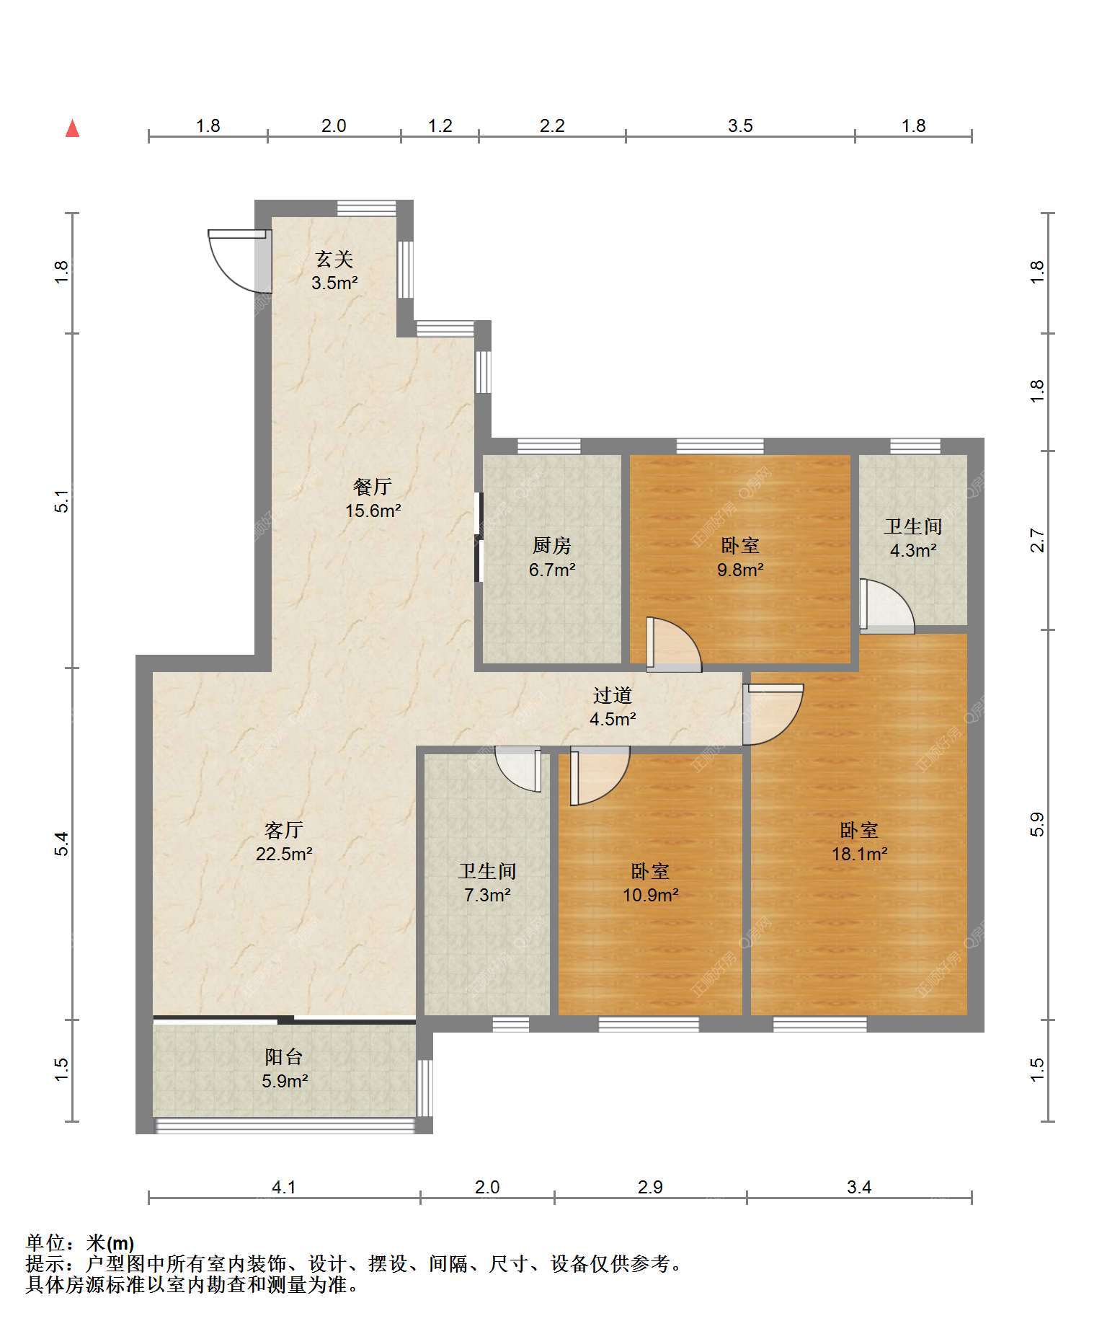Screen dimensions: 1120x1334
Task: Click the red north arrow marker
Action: [72, 128]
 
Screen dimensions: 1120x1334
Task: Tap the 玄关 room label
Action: [334, 259]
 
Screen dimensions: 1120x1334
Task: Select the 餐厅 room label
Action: [373, 487]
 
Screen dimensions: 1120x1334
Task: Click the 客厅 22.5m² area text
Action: [284, 854]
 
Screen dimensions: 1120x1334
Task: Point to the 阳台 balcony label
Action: [284, 1057]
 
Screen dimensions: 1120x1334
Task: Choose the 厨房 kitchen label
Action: [552, 546]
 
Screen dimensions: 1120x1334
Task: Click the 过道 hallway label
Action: [613, 695]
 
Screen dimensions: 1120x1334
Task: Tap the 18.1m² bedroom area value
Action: [859, 854]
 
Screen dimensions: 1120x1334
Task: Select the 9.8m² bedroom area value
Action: [740, 570]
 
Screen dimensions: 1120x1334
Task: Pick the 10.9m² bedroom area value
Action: [651, 895]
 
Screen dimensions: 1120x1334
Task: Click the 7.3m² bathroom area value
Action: [488, 895]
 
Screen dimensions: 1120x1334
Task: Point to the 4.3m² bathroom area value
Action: [913, 550]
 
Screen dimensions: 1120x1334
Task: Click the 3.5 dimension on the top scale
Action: [740, 126]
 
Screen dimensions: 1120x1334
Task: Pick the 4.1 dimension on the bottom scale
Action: [284, 1187]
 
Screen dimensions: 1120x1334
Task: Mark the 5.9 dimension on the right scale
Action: [1037, 824]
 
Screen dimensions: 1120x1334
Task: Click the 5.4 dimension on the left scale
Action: [62, 844]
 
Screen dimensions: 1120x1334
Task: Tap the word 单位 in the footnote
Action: [45, 1243]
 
